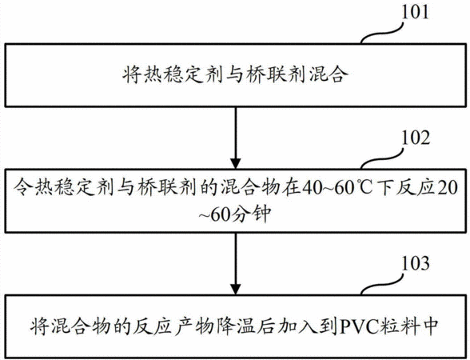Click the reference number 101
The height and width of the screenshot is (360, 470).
[415, 12]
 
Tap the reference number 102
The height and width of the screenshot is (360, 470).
[415, 138]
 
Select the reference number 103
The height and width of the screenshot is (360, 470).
[415, 263]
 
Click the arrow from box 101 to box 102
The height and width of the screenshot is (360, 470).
[236, 138]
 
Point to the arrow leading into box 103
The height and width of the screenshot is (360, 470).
[236, 263]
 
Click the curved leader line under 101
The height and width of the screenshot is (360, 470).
[381, 32]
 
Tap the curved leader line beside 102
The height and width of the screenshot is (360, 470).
[381, 158]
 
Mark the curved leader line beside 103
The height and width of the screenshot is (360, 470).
[381, 284]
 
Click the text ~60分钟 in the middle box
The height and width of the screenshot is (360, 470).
[235, 214]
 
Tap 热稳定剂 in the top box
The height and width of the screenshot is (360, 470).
[172, 74]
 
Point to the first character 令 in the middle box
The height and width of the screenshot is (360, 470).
[22, 188]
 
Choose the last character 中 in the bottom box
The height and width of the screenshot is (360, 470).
[430, 326]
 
